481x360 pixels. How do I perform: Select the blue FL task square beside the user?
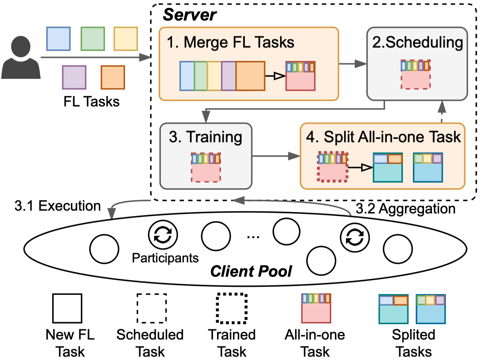tap(59, 39)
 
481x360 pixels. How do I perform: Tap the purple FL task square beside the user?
tap(74, 77)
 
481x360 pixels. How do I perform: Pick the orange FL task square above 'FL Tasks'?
tap(113, 77)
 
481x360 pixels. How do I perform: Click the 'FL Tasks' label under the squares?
tap(91, 101)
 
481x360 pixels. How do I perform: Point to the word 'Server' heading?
tap(190, 15)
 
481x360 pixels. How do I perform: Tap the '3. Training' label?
tap(205, 137)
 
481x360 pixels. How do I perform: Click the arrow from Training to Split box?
tap(276, 157)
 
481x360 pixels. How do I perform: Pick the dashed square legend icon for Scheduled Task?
tap(152, 308)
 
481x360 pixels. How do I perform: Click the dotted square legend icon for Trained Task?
tap(232, 308)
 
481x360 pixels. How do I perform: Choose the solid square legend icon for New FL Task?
tap(67, 308)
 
